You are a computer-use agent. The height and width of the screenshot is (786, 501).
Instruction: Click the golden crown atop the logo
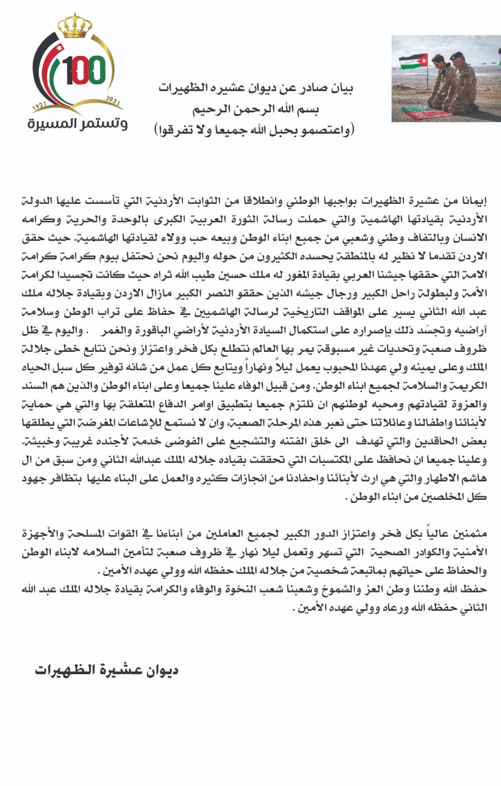74,26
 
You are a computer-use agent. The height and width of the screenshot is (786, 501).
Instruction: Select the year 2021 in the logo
113,99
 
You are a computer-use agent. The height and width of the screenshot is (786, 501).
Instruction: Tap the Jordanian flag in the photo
413,61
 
